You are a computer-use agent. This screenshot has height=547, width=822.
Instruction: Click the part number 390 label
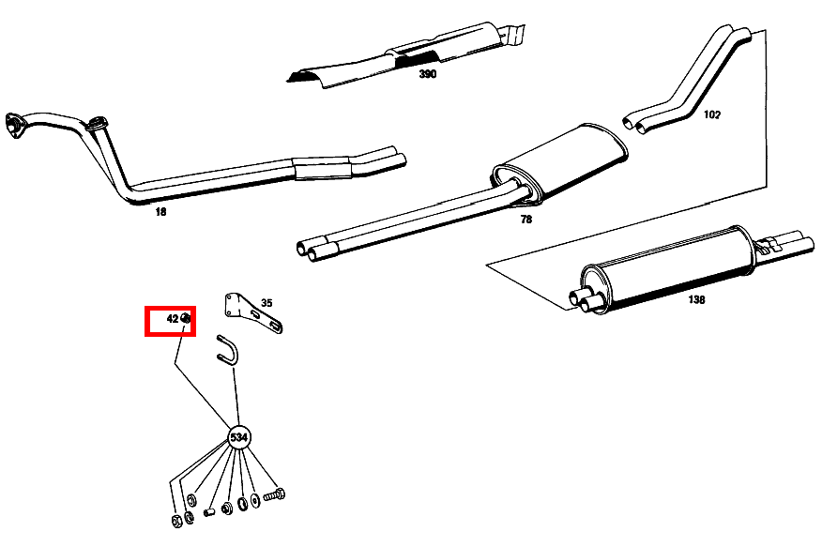(427, 73)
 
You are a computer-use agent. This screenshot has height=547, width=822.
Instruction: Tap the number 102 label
(712, 114)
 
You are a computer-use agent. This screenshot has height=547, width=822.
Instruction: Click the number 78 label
(525, 219)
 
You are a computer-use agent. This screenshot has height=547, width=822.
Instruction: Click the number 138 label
(695, 299)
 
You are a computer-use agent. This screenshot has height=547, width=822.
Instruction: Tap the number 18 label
(160, 212)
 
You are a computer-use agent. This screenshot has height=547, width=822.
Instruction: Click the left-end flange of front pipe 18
(13, 127)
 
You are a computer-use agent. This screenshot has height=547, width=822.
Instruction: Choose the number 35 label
(266, 302)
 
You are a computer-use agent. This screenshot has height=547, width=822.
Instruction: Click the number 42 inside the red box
(173, 319)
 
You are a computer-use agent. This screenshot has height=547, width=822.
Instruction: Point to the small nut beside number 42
(186, 319)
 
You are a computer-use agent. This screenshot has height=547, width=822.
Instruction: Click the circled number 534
(239, 438)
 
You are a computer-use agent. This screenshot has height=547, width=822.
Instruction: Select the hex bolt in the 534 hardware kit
(273, 494)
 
